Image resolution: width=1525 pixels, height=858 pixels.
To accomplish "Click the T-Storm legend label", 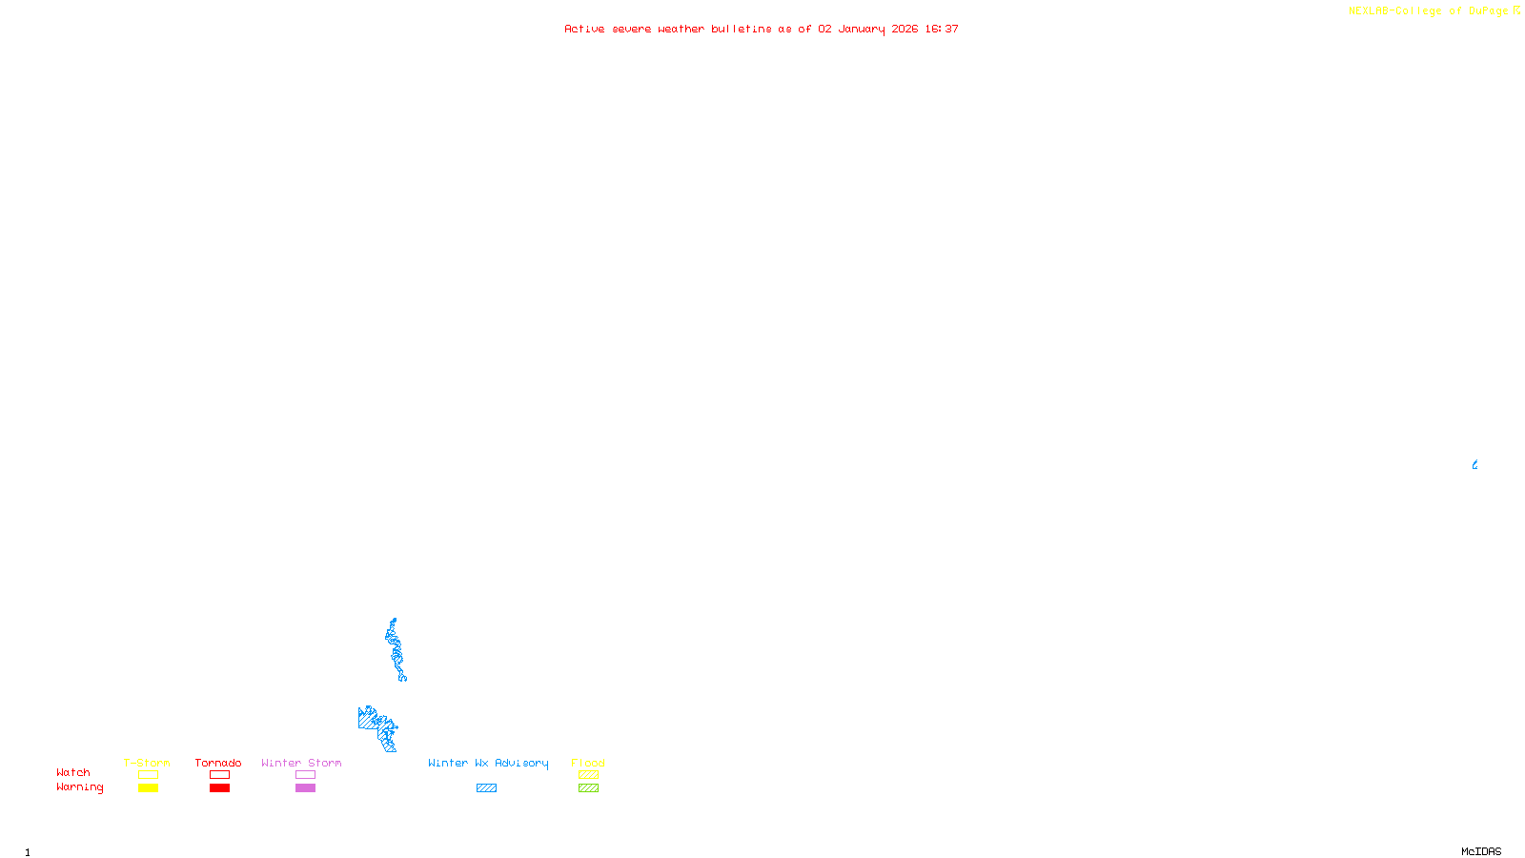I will pos(147,763).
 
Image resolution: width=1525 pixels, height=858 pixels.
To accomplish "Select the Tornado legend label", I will pos(218,763).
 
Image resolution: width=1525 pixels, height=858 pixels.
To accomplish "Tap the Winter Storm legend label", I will pos(301,763).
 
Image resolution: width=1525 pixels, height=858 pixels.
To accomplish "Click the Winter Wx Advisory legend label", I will pos(488,763).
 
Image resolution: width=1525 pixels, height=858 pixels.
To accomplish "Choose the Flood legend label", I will pos(588,763).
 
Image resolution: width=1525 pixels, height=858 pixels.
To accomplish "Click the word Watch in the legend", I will pos(73,772).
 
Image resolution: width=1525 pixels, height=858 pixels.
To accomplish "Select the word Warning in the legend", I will pos(79,787).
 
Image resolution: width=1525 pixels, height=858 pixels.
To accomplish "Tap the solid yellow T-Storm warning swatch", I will pos(148,788).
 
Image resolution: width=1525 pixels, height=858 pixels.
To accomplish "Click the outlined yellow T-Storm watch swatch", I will pos(148,775).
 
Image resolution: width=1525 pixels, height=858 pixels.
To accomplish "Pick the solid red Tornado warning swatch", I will pos(219,788).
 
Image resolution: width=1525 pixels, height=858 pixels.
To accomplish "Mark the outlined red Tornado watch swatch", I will pos(219,775).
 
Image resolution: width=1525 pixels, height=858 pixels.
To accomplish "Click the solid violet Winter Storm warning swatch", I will pos(305,788).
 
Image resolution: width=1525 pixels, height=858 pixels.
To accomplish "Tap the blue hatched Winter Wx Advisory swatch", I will pos(486,788).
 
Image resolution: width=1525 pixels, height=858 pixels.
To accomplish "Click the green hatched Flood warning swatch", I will pos(588,788).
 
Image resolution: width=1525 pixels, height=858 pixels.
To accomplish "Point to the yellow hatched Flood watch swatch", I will pos(588,775).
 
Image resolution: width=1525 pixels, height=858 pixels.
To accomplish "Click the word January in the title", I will pos(862,29).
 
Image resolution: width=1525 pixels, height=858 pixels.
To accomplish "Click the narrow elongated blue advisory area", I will pos(395,650).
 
